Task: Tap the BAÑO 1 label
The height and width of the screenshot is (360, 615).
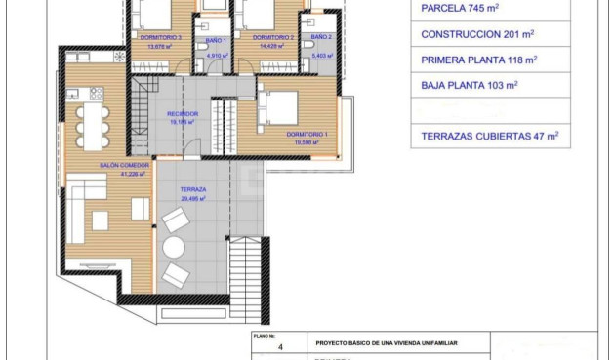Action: pyautogui.click(x=216, y=41)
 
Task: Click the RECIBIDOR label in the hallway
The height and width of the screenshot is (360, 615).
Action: pyautogui.click(x=183, y=114)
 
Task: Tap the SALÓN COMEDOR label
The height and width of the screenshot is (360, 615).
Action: pyautogui.click(x=124, y=166)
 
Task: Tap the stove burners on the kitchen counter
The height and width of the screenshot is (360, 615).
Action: pyautogui.click(x=98, y=94)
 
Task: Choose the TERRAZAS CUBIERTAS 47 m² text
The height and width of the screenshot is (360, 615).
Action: pyautogui.click(x=489, y=138)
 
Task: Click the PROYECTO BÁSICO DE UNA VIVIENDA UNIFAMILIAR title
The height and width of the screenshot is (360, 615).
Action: pyautogui.click(x=387, y=343)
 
